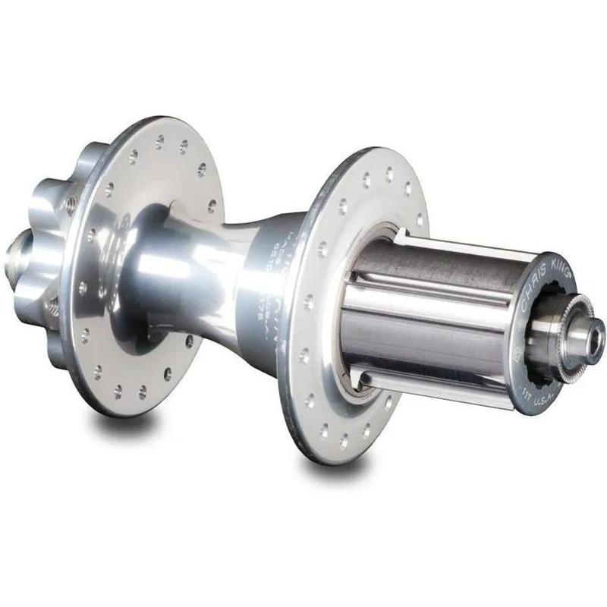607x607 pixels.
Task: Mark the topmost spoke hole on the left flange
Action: [x=159, y=140]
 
